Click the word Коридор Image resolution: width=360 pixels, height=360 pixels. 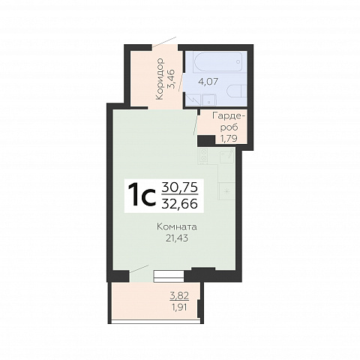[x=159, y=79]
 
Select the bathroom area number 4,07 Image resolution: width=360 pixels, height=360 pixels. [x=208, y=82]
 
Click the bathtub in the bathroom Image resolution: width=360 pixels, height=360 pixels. [x=217, y=61]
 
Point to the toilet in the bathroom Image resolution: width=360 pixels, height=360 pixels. [x=236, y=91]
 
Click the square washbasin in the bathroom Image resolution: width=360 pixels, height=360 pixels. [x=209, y=99]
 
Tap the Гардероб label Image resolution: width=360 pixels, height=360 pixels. [x=229, y=121]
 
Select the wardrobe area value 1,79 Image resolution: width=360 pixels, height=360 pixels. [x=229, y=138]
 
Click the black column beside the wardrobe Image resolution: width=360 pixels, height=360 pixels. [x=206, y=140]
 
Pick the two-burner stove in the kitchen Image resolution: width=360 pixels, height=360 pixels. [x=204, y=155]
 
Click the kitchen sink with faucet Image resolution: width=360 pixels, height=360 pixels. [x=227, y=156]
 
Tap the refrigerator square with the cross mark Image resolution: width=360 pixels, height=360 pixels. [x=226, y=191]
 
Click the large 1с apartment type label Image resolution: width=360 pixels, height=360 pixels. [x=142, y=195]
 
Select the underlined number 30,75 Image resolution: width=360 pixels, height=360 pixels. [x=180, y=187]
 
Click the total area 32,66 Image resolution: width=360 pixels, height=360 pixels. [x=180, y=204]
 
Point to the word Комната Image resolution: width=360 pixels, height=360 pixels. [x=177, y=227]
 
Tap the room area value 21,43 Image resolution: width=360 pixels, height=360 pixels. [x=177, y=238]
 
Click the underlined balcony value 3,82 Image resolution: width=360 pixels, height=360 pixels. [x=179, y=296]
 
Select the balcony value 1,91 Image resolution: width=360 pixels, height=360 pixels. [x=179, y=307]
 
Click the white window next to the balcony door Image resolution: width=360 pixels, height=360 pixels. [x=169, y=276]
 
